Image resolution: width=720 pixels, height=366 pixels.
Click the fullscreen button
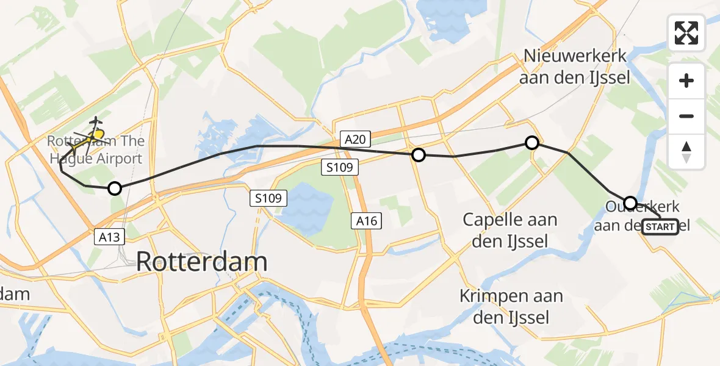click(x=686, y=33)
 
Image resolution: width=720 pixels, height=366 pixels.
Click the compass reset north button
click(x=686, y=151)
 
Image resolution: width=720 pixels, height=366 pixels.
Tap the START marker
click(x=660, y=227)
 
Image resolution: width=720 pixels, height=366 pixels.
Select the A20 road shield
click(x=355, y=140)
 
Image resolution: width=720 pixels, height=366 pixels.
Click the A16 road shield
click(x=367, y=221)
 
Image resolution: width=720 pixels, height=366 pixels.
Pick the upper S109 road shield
click(x=340, y=167)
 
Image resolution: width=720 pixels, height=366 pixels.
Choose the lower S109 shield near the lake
click(x=268, y=198)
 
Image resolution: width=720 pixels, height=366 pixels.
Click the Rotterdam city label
click(x=201, y=262)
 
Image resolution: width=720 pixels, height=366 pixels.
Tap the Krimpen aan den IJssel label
click(x=511, y=307)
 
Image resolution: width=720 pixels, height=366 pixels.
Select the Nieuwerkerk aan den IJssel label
click(x=575, y=66)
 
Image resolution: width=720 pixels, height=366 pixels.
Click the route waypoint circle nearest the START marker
click(x=630, y=203)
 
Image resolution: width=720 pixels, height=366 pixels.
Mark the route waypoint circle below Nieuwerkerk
click(x=532, y=143)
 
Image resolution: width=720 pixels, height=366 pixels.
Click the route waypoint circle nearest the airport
click(x=115, y=188)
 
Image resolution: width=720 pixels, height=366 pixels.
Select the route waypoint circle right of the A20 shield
click(x=418, y=155)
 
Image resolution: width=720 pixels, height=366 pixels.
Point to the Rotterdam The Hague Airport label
click(x=96, y=150)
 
